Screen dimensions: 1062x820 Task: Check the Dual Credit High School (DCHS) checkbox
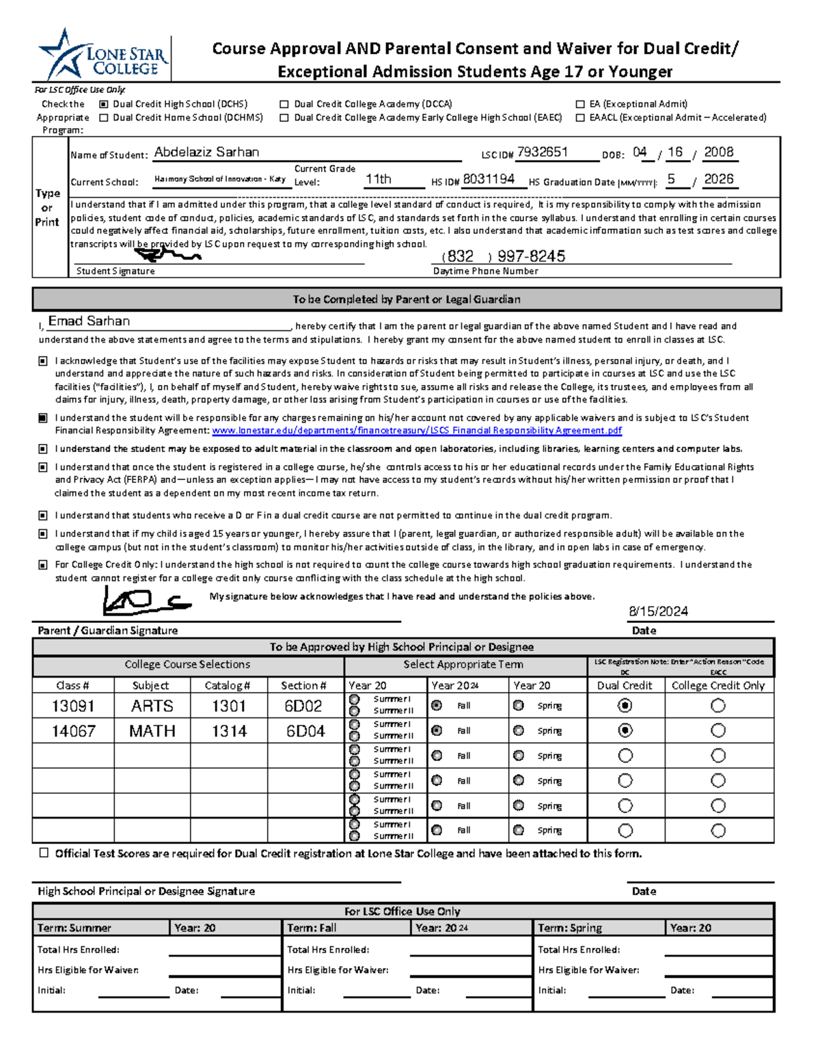coord(104,104)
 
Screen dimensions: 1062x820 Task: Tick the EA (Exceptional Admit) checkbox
coord(580,104)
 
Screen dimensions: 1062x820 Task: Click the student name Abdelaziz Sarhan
coord(206,152)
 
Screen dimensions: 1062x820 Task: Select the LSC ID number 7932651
coord(543,152)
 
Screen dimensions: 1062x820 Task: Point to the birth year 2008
coord(718,152)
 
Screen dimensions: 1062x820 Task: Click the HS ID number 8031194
coord(489,179)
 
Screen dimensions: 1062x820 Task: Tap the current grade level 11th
coord(378,179)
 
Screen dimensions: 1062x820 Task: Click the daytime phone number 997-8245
coord(531,256)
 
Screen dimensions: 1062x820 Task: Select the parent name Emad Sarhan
coord(89,321)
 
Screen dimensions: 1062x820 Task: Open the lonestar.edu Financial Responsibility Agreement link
coord(417,431)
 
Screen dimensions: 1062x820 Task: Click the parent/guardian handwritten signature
coord(143,602)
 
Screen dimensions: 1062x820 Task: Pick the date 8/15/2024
coord(658,611)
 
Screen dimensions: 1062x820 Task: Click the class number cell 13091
coord(73,706)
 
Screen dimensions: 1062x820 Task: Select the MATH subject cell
coord(152,731)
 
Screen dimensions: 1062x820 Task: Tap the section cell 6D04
coord(305,731)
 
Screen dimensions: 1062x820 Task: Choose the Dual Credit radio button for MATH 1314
coord(625,730)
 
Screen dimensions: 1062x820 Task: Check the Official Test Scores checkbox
coord(44,853)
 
